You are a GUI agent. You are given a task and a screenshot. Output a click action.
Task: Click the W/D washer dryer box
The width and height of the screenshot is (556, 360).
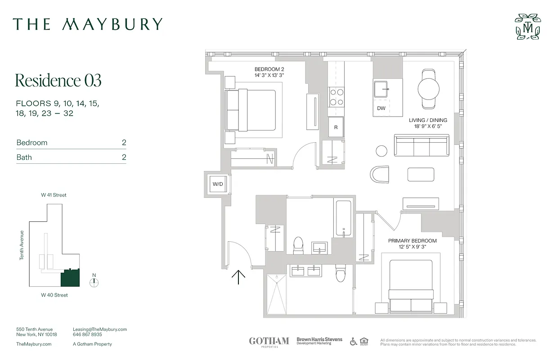(218, 184)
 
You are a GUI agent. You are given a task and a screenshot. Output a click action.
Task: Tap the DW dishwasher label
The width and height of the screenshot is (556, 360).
(381, 108)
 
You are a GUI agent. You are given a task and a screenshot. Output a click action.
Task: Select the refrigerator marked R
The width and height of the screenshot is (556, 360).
(336, 127)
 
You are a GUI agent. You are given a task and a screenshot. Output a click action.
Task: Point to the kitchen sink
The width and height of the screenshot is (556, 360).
(381, 89)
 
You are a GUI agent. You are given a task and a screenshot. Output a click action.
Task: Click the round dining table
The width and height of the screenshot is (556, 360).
(428, 89)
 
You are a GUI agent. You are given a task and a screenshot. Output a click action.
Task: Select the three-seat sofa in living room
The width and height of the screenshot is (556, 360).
(421, 145)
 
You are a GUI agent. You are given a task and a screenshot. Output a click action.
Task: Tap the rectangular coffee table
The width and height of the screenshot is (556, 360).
(421, 174)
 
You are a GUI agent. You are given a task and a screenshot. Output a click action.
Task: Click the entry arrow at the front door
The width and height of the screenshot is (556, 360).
(238, 277)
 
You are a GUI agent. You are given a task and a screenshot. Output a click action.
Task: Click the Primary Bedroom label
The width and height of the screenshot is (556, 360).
(412, 241)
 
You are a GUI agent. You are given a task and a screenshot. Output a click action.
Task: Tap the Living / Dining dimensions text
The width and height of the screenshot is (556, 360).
(428, 126)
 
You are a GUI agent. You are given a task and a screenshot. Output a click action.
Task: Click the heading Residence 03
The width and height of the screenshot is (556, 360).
(58, 80)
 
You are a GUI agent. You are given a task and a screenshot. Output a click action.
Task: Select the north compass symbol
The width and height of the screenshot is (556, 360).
(94, 283)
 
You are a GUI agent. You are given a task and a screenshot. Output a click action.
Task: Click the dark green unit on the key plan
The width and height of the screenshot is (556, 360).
(70, 278)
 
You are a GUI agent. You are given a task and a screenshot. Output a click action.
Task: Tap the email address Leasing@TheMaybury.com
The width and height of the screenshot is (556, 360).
(99, 329)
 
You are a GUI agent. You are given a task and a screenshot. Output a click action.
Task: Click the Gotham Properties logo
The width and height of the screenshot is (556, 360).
(269, 342)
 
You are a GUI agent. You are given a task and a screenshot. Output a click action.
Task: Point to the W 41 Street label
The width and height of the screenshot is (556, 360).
(54, 195)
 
